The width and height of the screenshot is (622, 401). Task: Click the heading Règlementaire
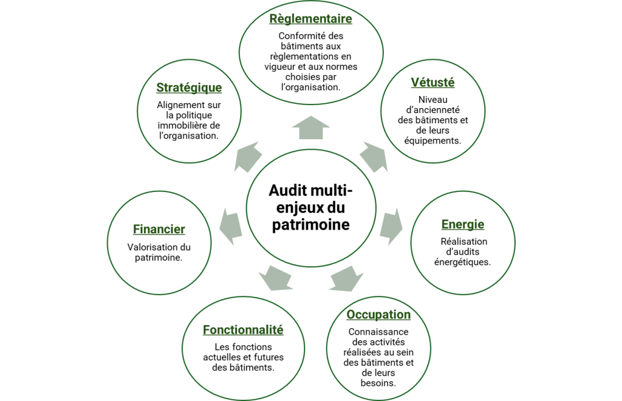pyautogui.click(x=310, y=19)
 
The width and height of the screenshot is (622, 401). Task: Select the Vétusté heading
pyautogui.click(x=432, y=83)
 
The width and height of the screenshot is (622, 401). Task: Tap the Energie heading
pyautogui.click(x=463, y=225)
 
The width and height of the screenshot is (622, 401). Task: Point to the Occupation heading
pyautogui.click(x=378, y=315)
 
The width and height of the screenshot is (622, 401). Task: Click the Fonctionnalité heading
pyautogui.click(x=243, y=330)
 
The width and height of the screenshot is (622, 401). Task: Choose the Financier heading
pyautogui.click(x=159, y=230)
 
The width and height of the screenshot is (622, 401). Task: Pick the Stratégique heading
pyautogui.click(x=189, y=87)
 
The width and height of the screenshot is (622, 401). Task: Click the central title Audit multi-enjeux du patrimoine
pyautogui.click(x=310, y=208)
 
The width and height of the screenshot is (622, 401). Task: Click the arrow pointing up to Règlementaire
pyautogui.click(x=310, y=128)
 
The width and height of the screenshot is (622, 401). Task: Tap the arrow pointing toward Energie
pyautogui.click(x=392, y=225)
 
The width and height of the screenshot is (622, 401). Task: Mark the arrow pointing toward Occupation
pyautogui.click(x=347, y=278)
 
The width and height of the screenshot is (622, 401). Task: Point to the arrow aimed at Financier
pyautogui.click(x=230, y=225)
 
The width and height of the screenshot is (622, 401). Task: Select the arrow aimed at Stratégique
pyautogui.click(x=248, y=157)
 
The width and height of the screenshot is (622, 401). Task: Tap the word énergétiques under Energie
pyautogui.click(x=463, y=262)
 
